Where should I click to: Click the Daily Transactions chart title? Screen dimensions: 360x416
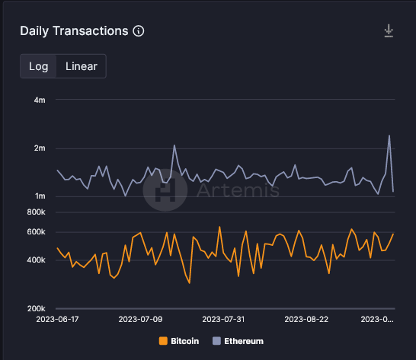pyautogui.click(x=74, y=31)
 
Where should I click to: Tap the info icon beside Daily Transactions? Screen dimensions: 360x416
pyautogui.click(x=139, y=31)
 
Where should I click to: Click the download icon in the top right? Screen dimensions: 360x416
pyautogui.click(x=389, y=31)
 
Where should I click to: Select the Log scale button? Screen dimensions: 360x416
pyautogui.click(x=39, y=66)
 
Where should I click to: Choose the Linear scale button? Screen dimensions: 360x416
pyautogui.click(x=81, y=66)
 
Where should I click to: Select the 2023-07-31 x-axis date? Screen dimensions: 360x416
pyautogui.click(x=224, y=320)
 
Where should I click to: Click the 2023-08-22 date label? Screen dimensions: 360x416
pyautogui.click(x=305, y=320)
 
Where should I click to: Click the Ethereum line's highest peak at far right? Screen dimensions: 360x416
pyautogui.click(x=389, y=136)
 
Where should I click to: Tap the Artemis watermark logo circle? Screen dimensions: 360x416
pyautogui.click(x=165, y=190)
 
